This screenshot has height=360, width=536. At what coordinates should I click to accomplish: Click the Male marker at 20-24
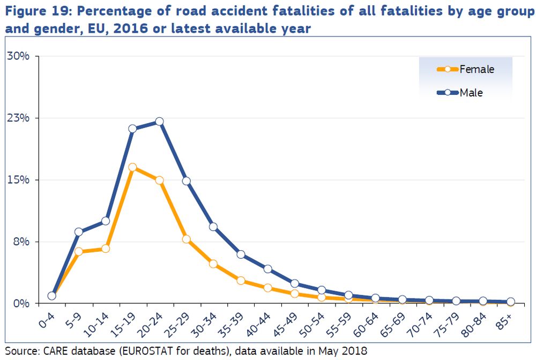[159, 122]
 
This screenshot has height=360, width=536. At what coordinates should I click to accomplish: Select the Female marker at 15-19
[132, 167]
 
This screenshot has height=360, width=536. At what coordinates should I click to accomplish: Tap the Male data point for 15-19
[132, 129]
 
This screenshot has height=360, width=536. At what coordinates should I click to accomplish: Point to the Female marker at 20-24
[159, 180]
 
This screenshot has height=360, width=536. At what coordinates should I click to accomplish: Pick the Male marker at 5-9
[78, 232]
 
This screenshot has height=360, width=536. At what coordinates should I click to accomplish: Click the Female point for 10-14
[106, 249]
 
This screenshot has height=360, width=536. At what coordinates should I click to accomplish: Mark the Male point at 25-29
[187, 181]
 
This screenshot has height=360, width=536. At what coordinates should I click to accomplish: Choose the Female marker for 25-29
[187, 239]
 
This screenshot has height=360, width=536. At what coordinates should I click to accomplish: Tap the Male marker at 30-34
[213, 227]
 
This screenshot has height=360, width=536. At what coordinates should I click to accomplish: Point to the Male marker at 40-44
[267, 269]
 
